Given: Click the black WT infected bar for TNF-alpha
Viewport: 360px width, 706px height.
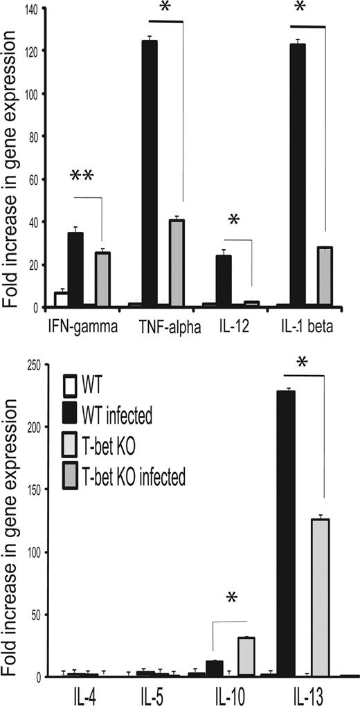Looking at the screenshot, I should click(149, 173).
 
